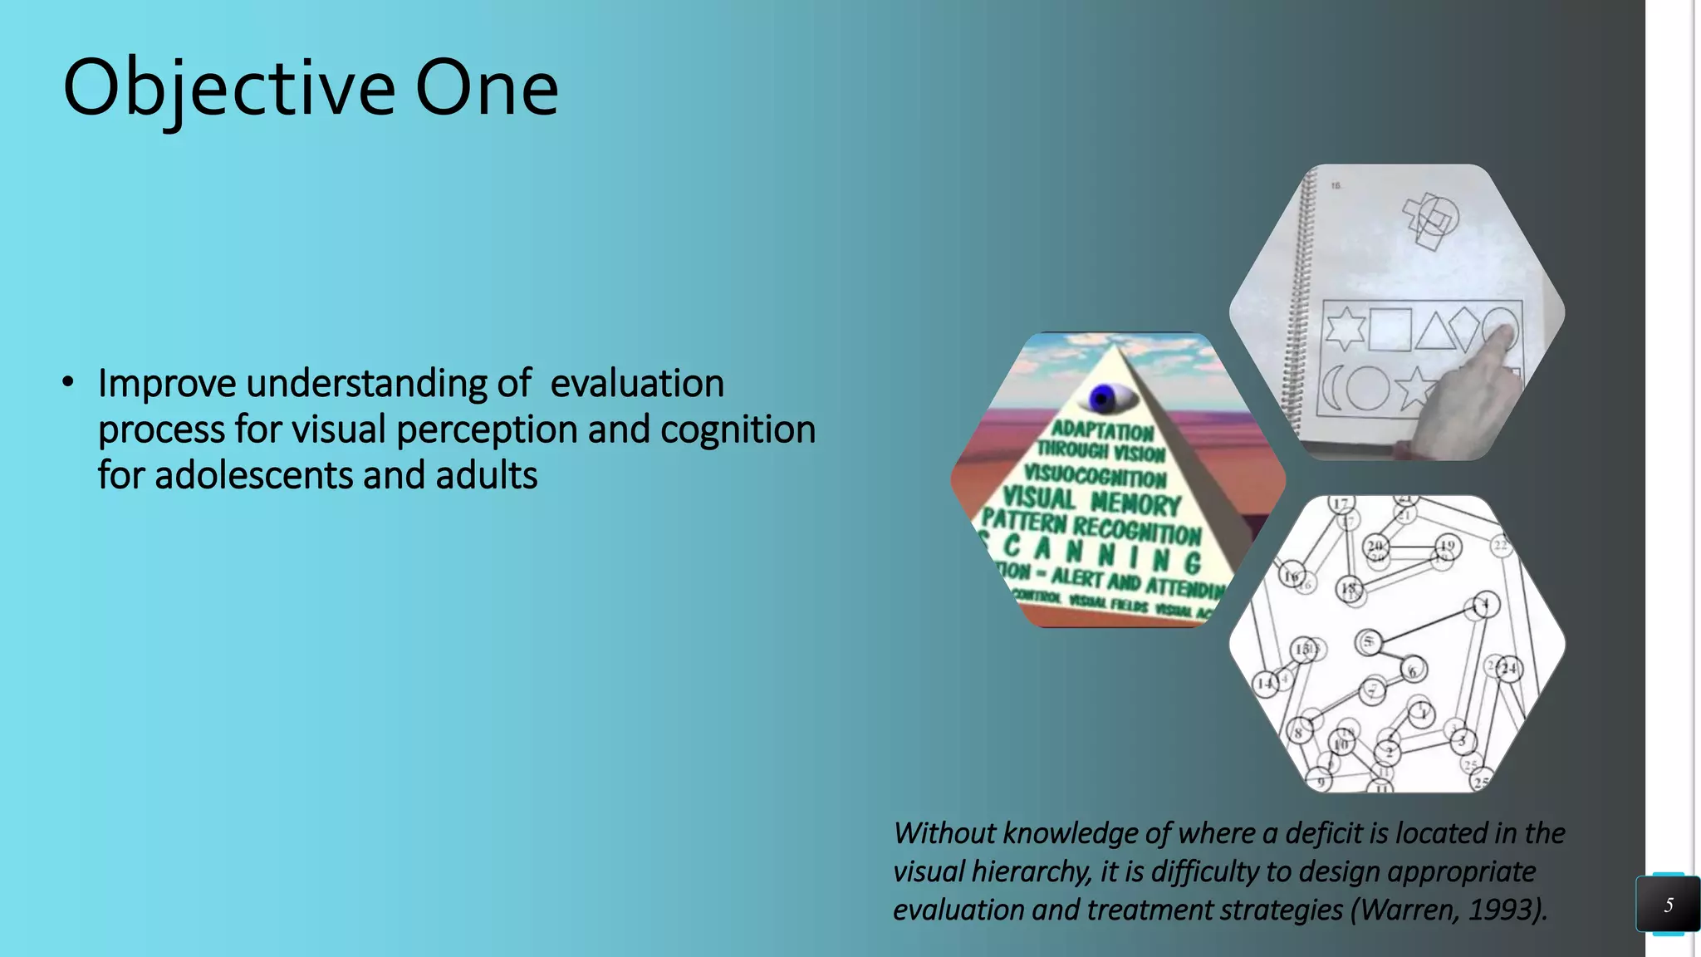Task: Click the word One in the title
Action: point(487,88)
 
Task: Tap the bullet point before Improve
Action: point(68,383)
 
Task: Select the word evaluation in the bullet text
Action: point(637,383)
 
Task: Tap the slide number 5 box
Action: point(1668,904)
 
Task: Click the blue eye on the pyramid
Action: point(1104,399)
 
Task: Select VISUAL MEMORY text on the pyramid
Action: point(1091,501)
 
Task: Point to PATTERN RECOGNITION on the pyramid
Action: point(1091,527)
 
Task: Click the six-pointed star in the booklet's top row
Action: point(1345,329)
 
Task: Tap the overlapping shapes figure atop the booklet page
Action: point(1430,218)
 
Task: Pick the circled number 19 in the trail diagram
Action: point(1448,547)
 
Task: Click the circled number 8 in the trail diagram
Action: point(1299,732)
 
